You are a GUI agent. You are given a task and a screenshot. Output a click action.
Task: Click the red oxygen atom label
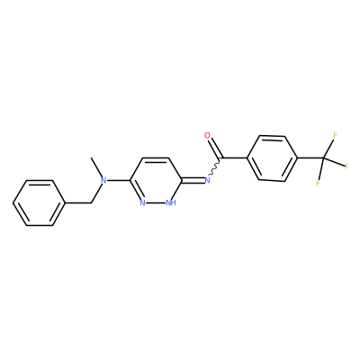pos(207,135)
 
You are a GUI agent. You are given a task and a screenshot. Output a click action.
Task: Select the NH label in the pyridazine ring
pos(171,203)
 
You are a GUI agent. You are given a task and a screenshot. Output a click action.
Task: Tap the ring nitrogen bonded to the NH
pos(143,203)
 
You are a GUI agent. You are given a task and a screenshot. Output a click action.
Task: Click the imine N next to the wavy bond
pos(207,180)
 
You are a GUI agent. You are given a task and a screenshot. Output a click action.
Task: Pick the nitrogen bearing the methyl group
pos(103,180)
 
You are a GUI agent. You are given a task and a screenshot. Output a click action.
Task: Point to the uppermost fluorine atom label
pos(336,135)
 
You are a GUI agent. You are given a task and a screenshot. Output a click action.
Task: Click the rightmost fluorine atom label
pos(346,166)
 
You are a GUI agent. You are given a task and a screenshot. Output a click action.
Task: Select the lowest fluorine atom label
pos(318,183)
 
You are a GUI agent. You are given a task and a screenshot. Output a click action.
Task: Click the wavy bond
pos(215,167)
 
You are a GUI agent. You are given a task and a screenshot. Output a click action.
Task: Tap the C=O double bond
pos(215,148)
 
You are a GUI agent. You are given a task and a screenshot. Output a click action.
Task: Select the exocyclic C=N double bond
pos(193,180)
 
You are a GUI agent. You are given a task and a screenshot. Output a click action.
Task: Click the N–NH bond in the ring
pos(157,203)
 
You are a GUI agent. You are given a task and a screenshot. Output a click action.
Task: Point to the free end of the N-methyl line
pos(91,157)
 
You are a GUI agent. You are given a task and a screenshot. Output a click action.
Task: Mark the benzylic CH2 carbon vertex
pos(91,203)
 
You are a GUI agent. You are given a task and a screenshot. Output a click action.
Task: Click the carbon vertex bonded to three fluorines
pos(323,157)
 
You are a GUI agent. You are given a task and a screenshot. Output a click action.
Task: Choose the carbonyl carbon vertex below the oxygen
pos(220,157)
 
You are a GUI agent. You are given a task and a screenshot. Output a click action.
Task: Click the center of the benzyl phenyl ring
pos(40,203)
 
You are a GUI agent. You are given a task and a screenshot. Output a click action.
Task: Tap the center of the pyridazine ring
pos(157,180)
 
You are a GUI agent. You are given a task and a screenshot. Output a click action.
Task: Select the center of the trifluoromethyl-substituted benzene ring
pos(272,157)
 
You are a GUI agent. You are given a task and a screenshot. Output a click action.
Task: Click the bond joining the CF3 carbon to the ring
pos(310,157)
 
